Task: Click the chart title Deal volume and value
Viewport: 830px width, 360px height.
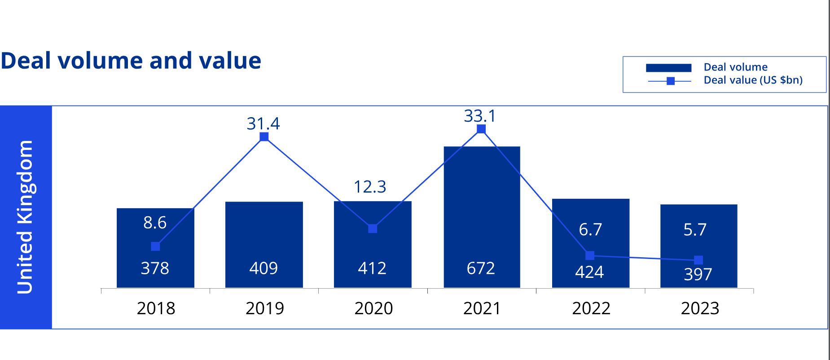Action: pos(131,60)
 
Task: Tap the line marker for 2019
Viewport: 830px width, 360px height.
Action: pos(264,136)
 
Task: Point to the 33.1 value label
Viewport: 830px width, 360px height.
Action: pos(480,116)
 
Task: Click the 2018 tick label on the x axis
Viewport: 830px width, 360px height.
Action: pos(156,308)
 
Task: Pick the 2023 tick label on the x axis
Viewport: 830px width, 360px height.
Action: pos(700,308)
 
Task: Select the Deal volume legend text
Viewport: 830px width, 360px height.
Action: pos(735,67)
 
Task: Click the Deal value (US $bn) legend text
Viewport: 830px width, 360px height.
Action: pos(753,80)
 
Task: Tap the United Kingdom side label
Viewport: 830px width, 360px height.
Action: pos(25,217)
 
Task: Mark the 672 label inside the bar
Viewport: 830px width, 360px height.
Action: pos(480,268)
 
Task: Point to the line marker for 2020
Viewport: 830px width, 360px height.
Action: pos(373,228)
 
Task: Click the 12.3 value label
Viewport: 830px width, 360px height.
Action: pos(370,186)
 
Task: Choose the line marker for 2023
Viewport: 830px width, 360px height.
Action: pos(698,260)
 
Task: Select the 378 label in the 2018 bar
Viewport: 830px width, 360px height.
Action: pos(155,268)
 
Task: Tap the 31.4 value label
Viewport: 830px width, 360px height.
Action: pos(263,123)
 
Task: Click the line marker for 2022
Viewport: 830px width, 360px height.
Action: pos(590,255)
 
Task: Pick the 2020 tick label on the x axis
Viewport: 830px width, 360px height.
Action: pos(373,308)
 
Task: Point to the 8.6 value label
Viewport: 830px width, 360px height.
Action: pos(155,223)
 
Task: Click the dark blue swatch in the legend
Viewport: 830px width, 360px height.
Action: pos(668,68)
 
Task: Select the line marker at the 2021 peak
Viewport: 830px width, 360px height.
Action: pos(481,129)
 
